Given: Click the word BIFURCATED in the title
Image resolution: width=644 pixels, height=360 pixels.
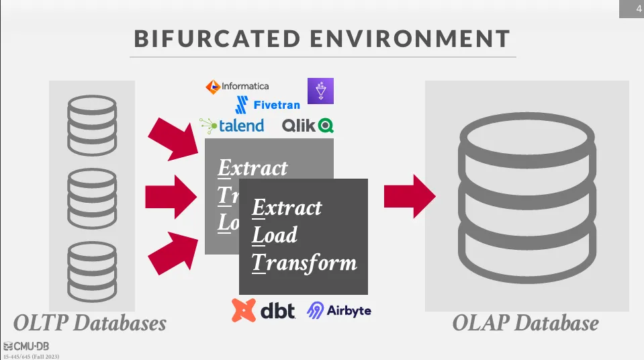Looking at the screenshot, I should tap(215, 38).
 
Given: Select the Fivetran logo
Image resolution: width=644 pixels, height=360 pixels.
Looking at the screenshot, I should tap(267, 104).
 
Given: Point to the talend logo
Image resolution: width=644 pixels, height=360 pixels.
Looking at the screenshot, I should tap(232, 125).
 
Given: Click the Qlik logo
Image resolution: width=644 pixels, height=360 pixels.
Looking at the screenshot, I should tap(308, 125).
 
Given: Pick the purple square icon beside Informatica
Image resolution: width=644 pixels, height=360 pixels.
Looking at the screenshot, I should tap(320, 91).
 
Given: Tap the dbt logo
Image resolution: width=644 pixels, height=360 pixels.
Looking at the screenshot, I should tap(264, 310).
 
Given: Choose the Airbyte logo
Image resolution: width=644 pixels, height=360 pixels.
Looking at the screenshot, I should tap(338, 310).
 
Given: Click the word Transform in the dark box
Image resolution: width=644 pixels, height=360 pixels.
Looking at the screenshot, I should tap(304, 263).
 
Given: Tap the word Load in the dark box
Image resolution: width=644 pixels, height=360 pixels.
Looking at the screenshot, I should tap(275, 235).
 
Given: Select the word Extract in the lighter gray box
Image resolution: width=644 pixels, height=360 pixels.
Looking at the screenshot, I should tap(252, 168).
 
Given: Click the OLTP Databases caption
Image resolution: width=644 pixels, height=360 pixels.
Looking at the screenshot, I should tap(90, 323).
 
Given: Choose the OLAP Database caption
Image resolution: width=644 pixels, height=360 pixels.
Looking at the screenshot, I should tap(525, 323).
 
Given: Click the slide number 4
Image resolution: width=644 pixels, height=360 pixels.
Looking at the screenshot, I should tap(638, 9).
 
